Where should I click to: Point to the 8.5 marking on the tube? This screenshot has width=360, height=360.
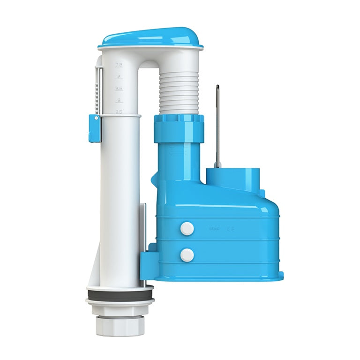click(120, 89)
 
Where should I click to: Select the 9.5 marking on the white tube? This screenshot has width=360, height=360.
click(120, 112)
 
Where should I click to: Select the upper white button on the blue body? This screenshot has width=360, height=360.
click(187, 228)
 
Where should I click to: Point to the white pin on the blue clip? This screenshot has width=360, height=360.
click(96, 119)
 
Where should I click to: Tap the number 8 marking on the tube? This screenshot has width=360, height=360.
click(120, 77)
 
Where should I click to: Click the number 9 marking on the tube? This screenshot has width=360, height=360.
click(120, 100)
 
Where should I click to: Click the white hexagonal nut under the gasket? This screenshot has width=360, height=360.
click(119, 307)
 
